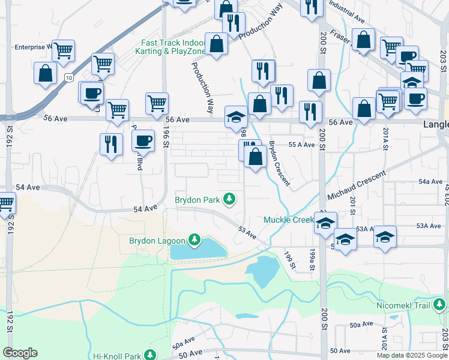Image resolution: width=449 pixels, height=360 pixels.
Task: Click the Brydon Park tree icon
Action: coord(229,199)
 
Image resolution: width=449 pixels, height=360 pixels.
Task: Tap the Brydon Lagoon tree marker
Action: coord(194,241)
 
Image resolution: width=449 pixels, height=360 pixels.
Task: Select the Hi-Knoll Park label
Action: coord(117,356)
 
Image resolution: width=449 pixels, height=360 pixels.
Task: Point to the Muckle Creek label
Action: coord(288,220)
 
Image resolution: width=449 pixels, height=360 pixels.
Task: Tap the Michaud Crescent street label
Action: coord(357,187)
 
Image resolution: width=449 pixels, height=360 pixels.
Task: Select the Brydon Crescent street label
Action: coord(279,163)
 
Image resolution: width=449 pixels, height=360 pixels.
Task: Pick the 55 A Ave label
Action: coord(302,145)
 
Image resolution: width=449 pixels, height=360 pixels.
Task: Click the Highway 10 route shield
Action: coord(69,77)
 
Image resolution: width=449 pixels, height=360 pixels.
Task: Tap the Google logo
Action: coord(20,353)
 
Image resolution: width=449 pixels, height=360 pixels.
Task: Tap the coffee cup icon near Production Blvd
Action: coord(143,140)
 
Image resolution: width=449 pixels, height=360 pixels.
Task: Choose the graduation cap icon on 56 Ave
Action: coord(236,116)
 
